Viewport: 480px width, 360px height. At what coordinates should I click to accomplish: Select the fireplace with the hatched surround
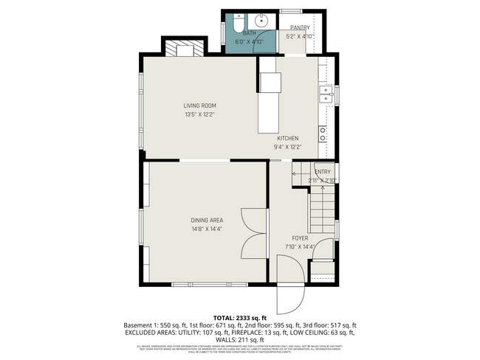point(180,50)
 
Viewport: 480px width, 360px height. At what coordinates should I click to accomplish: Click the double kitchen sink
point(324,94)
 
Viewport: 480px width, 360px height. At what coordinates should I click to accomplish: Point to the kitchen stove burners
point(323,134)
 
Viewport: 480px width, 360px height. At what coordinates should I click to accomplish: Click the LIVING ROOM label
point(199,105)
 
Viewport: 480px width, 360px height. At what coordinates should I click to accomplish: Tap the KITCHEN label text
point(287,138)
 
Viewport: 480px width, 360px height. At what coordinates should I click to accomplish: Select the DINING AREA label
point(207,220)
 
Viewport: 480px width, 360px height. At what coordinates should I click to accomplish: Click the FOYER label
point(300,238)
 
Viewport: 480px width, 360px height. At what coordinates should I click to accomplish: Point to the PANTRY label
point(300,27)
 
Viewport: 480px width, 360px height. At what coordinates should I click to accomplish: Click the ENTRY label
point(323,172)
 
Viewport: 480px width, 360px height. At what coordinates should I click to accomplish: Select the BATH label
point(250,33)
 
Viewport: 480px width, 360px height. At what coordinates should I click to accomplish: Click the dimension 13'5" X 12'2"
point(199,114)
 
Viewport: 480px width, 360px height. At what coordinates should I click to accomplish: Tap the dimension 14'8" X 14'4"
point(207,229)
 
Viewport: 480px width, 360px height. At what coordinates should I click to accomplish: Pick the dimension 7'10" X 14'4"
point(300,246)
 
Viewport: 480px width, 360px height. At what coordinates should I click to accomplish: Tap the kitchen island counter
point(270,103)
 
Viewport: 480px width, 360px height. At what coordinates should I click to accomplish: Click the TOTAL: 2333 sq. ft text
point(239,317)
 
